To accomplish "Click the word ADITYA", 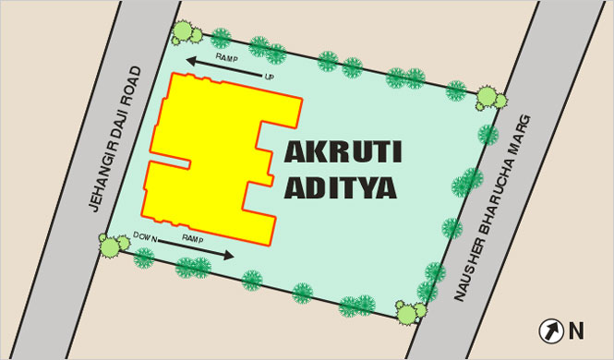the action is [341, 187].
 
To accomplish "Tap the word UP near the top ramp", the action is [270, 76].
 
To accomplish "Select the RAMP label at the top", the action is [227, 58].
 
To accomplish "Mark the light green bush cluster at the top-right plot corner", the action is [489, 97].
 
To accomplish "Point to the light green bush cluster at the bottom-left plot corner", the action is [111, 246].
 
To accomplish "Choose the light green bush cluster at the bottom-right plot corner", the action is [409, 312].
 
